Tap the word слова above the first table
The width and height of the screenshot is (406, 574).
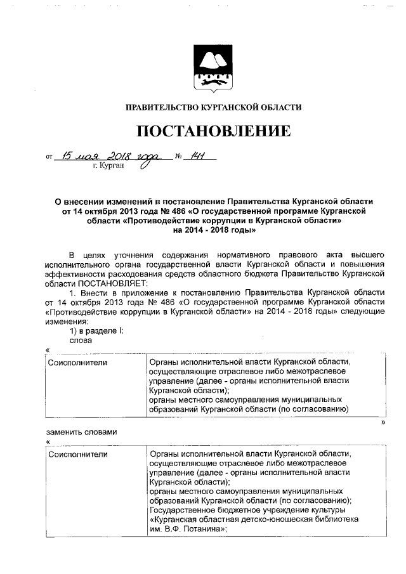point(81,340)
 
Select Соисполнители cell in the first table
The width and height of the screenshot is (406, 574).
point(77,362)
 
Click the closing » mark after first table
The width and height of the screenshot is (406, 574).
point(383,421)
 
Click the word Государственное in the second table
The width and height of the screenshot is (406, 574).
point(183,511)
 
